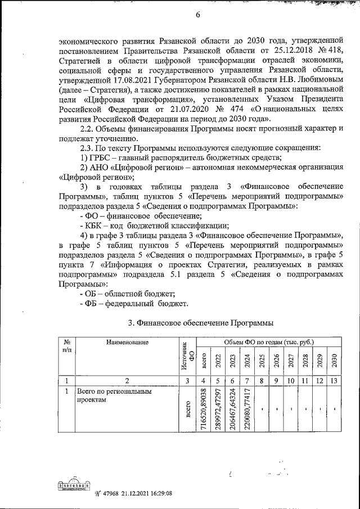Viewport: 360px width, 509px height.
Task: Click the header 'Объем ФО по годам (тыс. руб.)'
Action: pyautogui.click(x=269, y=342)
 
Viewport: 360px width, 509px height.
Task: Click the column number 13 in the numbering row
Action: pyautogui.click(x=334, y=380)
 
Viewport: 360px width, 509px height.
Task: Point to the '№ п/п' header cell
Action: pyautogui.click(x=67, y=346)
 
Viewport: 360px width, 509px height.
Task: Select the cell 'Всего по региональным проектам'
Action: pyautogui.click(x=107, y=396)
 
